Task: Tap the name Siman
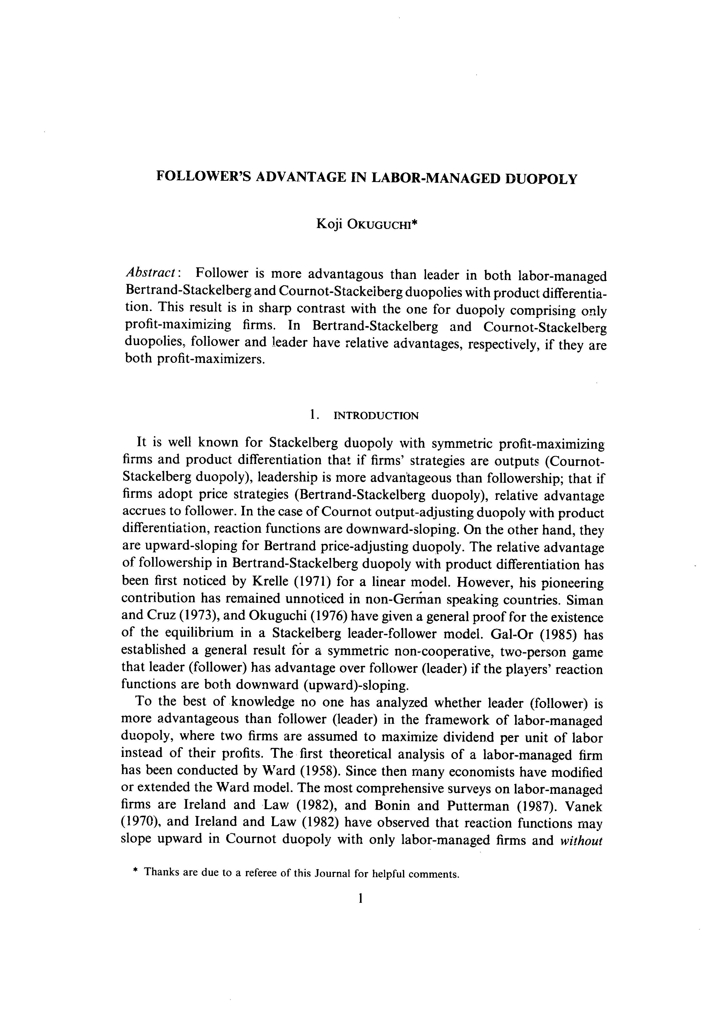tap(584, 600)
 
